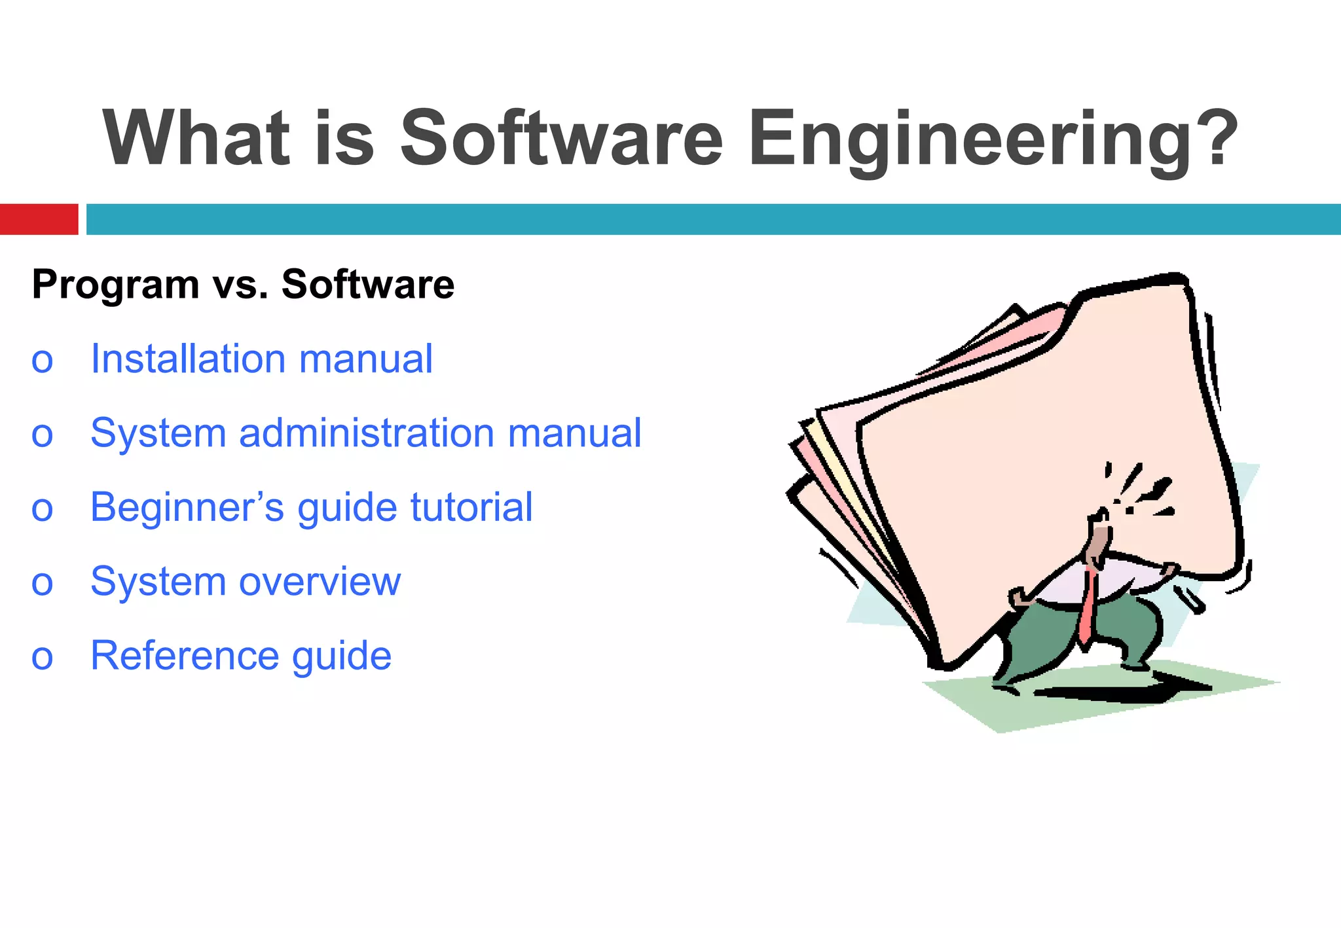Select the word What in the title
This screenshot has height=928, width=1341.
click(x=196, y=139)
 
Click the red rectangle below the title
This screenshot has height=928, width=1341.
click(x=39, y=219)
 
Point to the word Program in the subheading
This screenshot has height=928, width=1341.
click(x=115, y=285)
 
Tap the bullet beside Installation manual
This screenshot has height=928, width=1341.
click(x=42, y=361)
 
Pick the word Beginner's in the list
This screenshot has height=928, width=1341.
click(x=187, y=507)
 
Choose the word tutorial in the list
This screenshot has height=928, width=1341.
click(x=471, y=507)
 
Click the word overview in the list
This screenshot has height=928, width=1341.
click(x=320, y=581)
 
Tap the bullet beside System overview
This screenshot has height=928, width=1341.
click(x=42, y=583)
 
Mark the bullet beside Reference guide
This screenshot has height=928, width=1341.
click(x=42, y=657)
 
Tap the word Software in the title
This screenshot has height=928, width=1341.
click(x=562, y=139)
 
